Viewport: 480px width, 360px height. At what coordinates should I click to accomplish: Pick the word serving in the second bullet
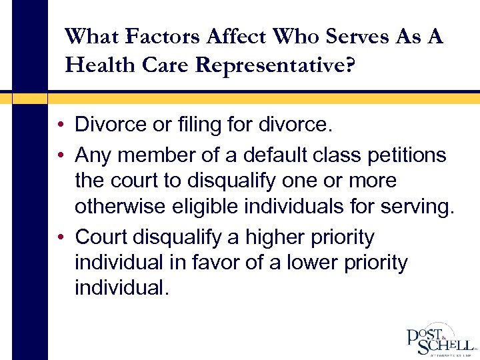(x=417, y=207)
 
